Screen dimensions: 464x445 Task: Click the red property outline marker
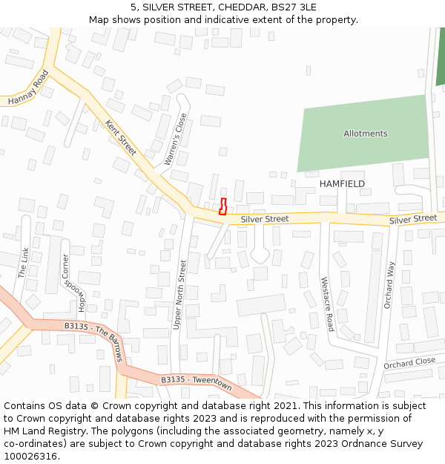pos(223,206)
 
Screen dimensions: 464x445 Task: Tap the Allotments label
pos(365,134)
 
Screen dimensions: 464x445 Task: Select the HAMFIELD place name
pos(342,183)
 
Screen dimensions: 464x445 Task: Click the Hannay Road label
pos(27,88)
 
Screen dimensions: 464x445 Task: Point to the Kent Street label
pos(120,137)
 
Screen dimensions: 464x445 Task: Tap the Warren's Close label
pos(176,139)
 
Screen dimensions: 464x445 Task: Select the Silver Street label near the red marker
pos(265,219)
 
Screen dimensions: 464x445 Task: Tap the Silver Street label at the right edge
pos(413,218)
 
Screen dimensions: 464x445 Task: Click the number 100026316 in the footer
pos(30,457)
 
